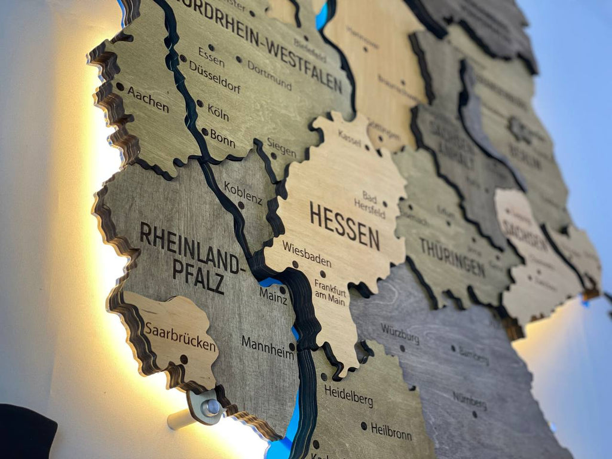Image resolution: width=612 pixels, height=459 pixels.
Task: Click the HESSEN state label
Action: (x=344, y=225)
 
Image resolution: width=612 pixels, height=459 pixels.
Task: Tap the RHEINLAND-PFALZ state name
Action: (x=191, y=258)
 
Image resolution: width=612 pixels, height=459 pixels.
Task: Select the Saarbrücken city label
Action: (x=180, y=336)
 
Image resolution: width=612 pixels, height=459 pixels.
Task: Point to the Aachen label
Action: (x=148, y=99)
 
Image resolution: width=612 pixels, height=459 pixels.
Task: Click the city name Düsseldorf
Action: (x=215, y=77)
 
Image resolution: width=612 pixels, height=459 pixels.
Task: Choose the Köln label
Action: (x=218, y=112)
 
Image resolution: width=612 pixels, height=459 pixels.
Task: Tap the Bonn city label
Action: (x=222, y=139)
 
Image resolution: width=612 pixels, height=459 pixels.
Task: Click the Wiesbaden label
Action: (x=307, y=253)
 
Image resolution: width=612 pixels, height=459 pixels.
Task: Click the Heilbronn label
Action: (x=391, y=431)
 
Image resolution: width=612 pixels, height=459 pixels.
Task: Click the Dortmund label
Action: (x=270, y=76)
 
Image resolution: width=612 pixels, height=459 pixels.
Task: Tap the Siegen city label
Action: (x=281, y=147)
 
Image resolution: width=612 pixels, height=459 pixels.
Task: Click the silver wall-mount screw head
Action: (x=210, y=408)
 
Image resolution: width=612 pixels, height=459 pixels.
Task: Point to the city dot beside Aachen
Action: (x=120, y=87)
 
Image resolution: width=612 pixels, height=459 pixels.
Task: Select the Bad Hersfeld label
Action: (x=374, y=204)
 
